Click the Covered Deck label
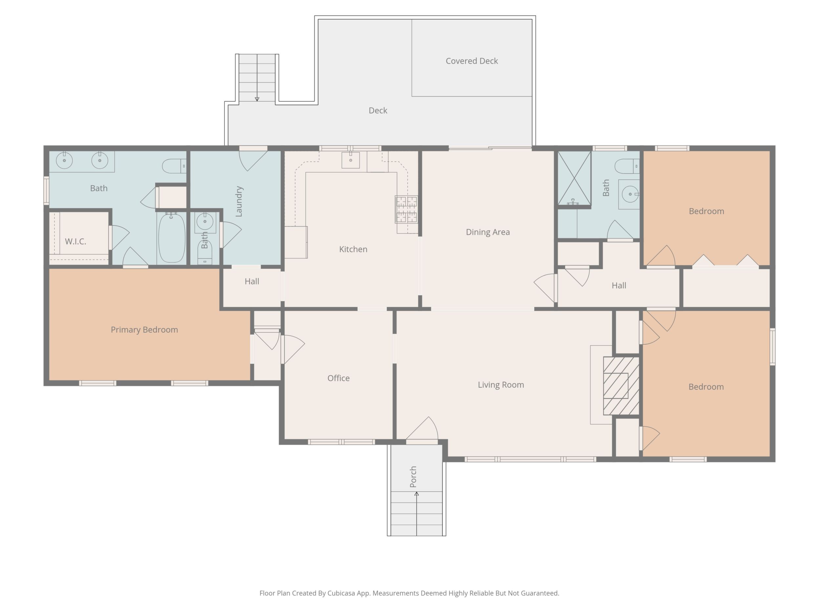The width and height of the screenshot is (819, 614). click(472, 61)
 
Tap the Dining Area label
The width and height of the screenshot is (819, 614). click(488, 232)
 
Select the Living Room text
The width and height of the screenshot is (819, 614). click(501, 385)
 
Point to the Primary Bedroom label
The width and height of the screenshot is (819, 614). click(144, 330)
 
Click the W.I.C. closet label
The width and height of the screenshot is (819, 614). click(75, 242)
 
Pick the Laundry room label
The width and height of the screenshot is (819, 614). click(239, 201)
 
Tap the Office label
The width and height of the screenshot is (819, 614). click(338, 378)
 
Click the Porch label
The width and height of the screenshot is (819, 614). click(413, 476)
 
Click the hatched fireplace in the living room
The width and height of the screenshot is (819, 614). click(621, 386)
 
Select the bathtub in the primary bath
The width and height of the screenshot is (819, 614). click(171, 237)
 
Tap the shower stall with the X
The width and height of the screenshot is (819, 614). click(574, 178)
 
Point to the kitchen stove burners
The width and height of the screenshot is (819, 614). click(407, 210)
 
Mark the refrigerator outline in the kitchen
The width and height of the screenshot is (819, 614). click(296, 242)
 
